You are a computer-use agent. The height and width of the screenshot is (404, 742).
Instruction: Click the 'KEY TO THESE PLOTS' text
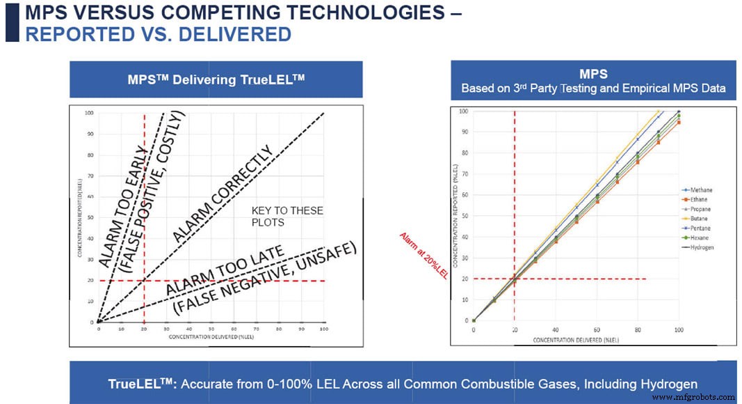278,217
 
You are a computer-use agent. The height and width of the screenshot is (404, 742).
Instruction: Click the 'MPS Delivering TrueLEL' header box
216,79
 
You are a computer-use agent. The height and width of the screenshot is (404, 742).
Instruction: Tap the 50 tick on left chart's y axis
90,217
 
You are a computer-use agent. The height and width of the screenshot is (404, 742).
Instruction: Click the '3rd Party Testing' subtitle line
593,88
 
